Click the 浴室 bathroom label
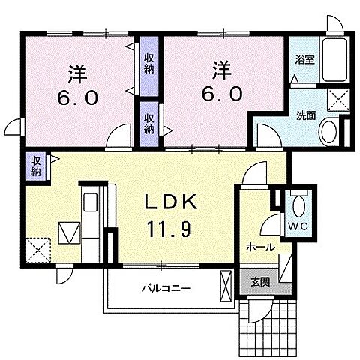coord(304,58)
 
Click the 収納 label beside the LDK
coord(35,165)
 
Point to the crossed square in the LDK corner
coord(37,248)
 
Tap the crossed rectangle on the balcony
coord(226,286)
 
